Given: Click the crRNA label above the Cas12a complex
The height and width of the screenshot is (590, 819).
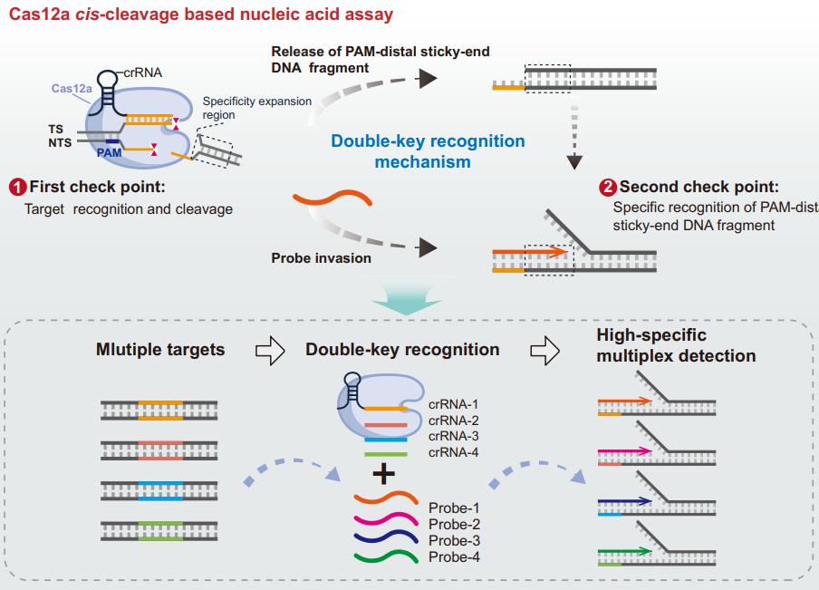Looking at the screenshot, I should pyautogui.click(x=144, y=72).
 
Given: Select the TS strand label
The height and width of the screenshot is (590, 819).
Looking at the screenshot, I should pyautogui.click(x=55, y=130).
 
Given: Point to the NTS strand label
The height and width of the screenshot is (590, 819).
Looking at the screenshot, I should pyautogui.click(x=59, y=142).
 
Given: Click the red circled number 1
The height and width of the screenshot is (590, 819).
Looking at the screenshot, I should pyautogui.click(x=15, y=189).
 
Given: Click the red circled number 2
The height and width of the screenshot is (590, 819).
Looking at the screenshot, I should pyautogui.click(x=608, y=188).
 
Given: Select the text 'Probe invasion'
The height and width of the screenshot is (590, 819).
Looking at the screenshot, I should pyautogui.click(x=321, y=258).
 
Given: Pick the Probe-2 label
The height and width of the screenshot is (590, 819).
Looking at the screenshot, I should pyautogui.click(x=453, y=524).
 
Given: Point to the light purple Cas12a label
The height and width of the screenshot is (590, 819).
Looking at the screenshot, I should pyautogui.click(x=68, y=89).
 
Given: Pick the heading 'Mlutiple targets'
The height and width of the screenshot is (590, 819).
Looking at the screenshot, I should pyautogui.click(x=160, y=349).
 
